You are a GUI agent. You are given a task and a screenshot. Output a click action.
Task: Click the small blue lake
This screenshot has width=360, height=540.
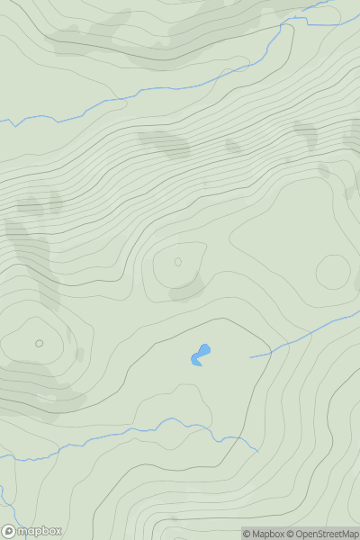point(200,356)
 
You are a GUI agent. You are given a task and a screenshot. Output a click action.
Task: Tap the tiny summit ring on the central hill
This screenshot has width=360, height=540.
point(177,262)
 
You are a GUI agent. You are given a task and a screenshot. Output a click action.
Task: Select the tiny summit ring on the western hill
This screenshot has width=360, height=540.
point(39,343)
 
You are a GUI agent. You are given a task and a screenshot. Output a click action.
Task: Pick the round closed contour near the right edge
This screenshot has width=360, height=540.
point(333,272)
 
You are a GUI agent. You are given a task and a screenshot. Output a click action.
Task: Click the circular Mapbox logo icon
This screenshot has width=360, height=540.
point(10,531)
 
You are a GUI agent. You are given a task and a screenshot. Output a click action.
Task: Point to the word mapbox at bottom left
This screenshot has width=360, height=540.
point(40,531)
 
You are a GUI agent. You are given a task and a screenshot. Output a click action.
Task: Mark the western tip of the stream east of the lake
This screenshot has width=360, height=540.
point(250,357)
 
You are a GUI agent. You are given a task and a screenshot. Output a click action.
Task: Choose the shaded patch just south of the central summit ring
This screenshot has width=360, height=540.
point(188,289)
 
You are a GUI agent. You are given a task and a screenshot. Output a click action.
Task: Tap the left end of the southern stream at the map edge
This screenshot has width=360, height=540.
point(2,456)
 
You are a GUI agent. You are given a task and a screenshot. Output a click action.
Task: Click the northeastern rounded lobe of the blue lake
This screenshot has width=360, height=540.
point(205,349)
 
